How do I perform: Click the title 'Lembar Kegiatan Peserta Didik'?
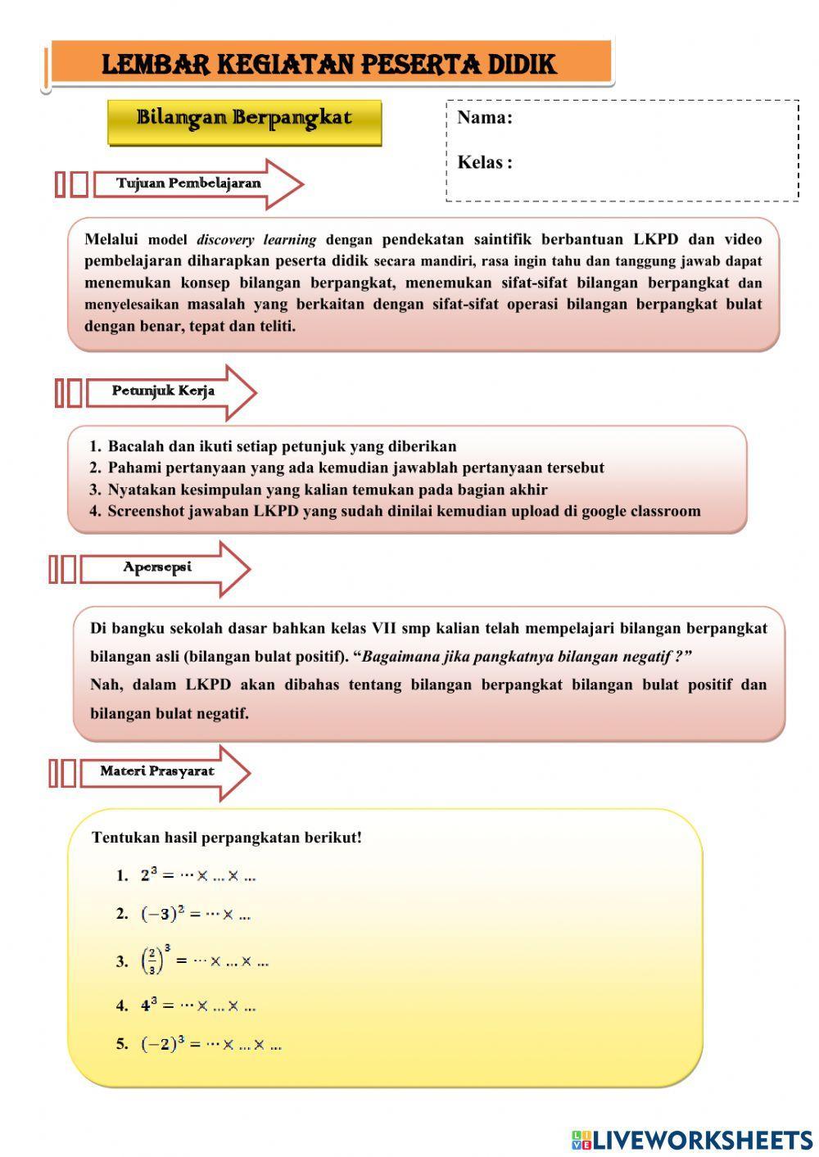pos(329,64)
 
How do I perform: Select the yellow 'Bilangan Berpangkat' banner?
pos(244,119)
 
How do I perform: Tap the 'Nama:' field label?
pos(484,118)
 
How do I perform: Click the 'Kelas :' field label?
pos(484,162)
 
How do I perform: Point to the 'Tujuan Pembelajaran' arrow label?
pos(188,183)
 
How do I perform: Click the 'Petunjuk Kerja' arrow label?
pos(163,391)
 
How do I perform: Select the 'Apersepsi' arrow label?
pos(157,567)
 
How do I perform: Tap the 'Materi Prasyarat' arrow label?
pos(157,771)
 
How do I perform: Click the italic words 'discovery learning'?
pos(256,241)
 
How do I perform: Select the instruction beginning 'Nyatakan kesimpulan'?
pos(328,490)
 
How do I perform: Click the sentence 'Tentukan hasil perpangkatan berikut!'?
pos(227,838)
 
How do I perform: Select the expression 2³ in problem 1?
pos(148,875)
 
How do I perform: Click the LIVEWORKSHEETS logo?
pos(691,1139)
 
